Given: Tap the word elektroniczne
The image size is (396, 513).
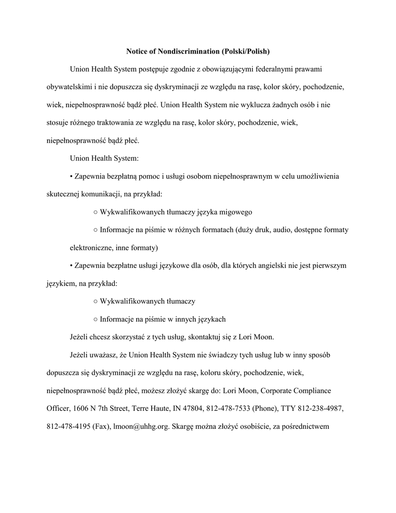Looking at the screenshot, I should click(x=90, y=247).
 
